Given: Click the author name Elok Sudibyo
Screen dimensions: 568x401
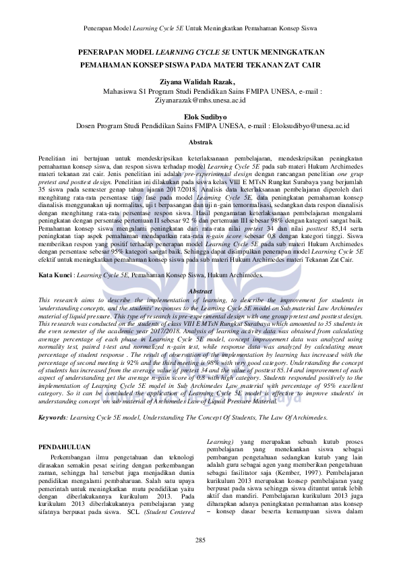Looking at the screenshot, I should [x=199, y=116].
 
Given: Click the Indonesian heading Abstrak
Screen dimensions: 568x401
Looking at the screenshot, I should [x=200, y=142].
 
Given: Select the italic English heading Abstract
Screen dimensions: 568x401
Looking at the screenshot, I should [x=200, y=291].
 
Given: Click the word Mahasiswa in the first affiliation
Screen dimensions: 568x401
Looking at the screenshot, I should [x=118, y=90].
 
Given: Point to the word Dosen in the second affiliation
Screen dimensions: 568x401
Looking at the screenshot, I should [x=85, y=125].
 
